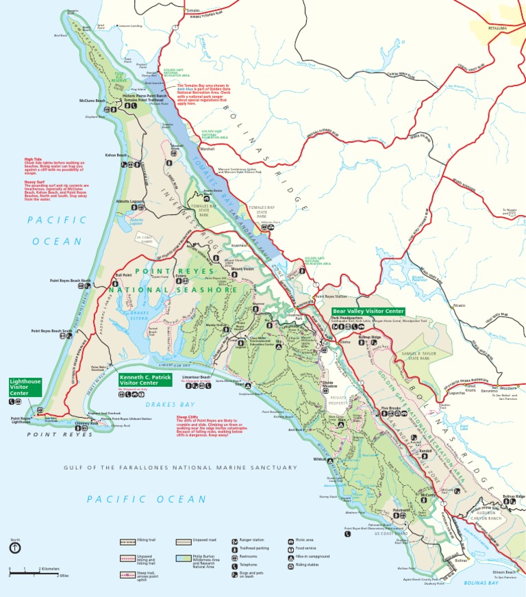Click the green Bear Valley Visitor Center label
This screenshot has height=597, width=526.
(x=368, y=312)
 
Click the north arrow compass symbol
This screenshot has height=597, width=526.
(x=14, y=548)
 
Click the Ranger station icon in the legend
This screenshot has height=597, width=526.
(x=236, y=541)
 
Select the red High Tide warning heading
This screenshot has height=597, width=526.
(x=34, y=159)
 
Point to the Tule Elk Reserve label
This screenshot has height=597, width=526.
(x=119, y=77)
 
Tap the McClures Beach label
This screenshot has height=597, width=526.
(x=92, y=101)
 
